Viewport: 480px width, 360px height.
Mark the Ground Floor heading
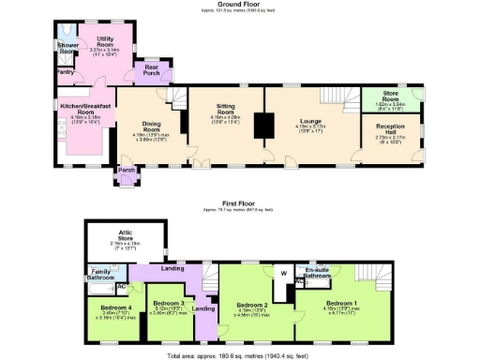240,6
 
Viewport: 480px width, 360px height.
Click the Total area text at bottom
240,355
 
